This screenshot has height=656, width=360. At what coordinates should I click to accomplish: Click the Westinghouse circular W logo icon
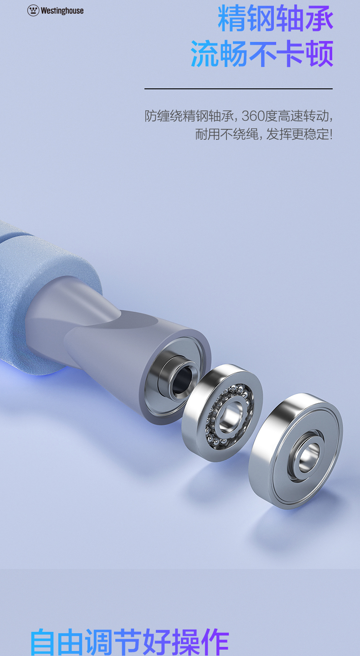click(x=33, y=10)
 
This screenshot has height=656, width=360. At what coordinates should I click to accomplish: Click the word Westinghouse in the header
click(x=62, y=11)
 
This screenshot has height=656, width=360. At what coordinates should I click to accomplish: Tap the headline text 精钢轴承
click(x=275, y=18)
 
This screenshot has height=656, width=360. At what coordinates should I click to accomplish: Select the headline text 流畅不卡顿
click(x=262, y=54)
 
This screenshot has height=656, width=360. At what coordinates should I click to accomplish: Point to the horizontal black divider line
click(x=238, y=88)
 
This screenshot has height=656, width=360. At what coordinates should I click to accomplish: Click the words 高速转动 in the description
click(x=303, y=116)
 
